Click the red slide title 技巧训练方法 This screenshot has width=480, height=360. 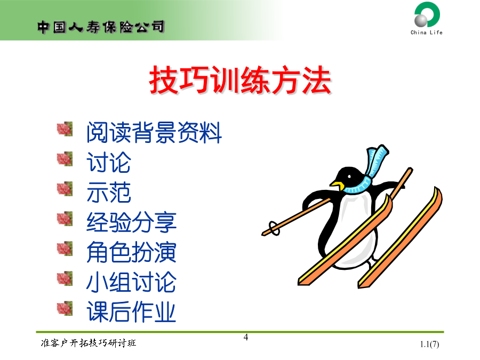click(x=241, y=80)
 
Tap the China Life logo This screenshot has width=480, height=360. click(x=427, y=18)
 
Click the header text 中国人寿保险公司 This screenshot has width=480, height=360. click(x=101, y=27)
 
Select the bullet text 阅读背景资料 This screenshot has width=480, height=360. click(x=154, y=132)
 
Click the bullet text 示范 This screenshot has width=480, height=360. click(x=109, y=192)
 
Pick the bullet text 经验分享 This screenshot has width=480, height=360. click(x=131, y=222)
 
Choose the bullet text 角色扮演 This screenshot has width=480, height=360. click(x=131, y=252)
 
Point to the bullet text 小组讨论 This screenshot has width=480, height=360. click(x=131, y=282)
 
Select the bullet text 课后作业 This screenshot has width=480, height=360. click(x=131, y=311)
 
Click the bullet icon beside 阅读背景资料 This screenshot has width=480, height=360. click(x=65, y=129)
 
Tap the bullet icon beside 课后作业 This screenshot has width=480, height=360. click(x=65, y=308)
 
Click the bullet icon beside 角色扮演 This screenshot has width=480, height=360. click(x=65, y=248)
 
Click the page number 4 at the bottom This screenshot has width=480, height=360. click(x=246, y=338)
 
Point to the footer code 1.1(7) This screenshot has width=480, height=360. click(x=429, y=344)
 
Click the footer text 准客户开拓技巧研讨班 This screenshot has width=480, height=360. click(x=89, y=343)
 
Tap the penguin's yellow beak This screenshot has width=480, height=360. click(x=337, y=185)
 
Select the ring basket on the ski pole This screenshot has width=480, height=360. click(x=274, y=228)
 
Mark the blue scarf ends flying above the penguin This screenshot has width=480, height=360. click(x=377, y=161)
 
